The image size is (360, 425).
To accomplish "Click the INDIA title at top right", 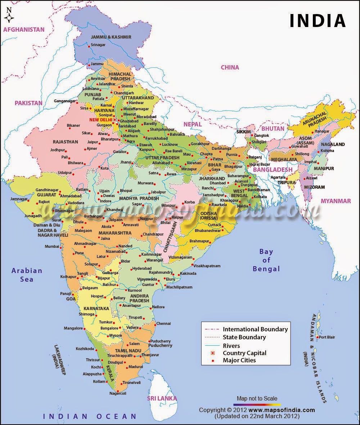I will pyautogui.click(x=318, y=21).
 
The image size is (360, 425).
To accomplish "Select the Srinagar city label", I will pyautogui.click(x=98, y=45).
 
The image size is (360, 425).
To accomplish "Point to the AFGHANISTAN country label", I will pyautogui.click(x=24, y=30).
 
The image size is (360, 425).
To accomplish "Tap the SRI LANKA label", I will pyautogui.click(x=162, y=398).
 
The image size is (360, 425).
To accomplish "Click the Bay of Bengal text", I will pyautogui.click(x=266, y=260).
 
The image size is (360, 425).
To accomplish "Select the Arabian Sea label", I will pyautogui.click(x=27, y=274).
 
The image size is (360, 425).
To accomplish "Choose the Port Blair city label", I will pyautogui.click(x=327, y=337).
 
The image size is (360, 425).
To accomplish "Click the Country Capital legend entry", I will pyautogui.click(x=244, y=353).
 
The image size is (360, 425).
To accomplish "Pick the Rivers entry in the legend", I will pyautogui.click(x=231, y=345).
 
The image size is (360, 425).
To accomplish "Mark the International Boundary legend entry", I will pyautogui.click(x=255, y=329).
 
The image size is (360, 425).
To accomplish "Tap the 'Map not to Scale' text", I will pyautogui.click(x=257, y=398).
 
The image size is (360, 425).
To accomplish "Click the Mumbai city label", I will pyautogui.click(x=51, y=246).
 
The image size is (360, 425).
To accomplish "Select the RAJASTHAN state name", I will pyautogui.click(x=65, y=142).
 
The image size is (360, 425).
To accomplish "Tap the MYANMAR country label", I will pyautogui.click(x=336, y=201).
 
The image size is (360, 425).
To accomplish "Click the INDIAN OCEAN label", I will pyautogui.click(x=90, y=417).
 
